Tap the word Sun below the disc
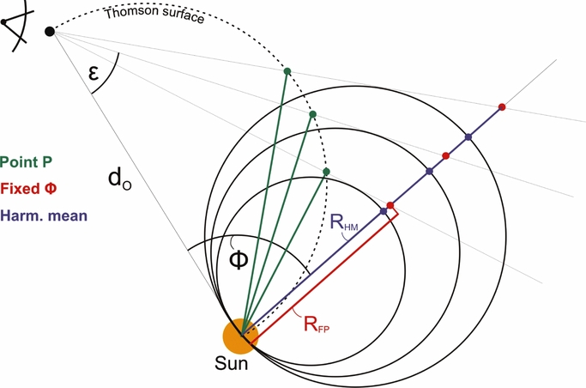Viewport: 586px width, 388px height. coord(231,363)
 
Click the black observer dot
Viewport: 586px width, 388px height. coord(50,32)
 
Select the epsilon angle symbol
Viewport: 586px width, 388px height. coord(94,72)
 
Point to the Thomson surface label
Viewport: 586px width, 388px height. coord(154,14)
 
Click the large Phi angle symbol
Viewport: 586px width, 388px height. coord(239,260)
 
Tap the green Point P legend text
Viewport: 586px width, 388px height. coord(26,162)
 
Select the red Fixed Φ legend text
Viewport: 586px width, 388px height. coord(28,188)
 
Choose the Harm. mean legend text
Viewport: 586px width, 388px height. coord(44,215)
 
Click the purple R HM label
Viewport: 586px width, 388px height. coord(344,223)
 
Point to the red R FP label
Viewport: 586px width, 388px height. coord(317,324)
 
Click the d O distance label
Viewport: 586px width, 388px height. coord(119,179)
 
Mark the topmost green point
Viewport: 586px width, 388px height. coord(287,71)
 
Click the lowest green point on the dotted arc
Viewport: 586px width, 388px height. coord(326,172)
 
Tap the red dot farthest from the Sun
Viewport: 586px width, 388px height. coord(502,107)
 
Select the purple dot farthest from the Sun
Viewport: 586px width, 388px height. coord(468,137)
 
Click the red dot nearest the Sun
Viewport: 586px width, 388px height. coord(390,205)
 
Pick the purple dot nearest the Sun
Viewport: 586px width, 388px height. coord(384,211)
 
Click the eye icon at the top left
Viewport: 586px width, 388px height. coord(17,25)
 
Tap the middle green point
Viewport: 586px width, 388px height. coord(313,114)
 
